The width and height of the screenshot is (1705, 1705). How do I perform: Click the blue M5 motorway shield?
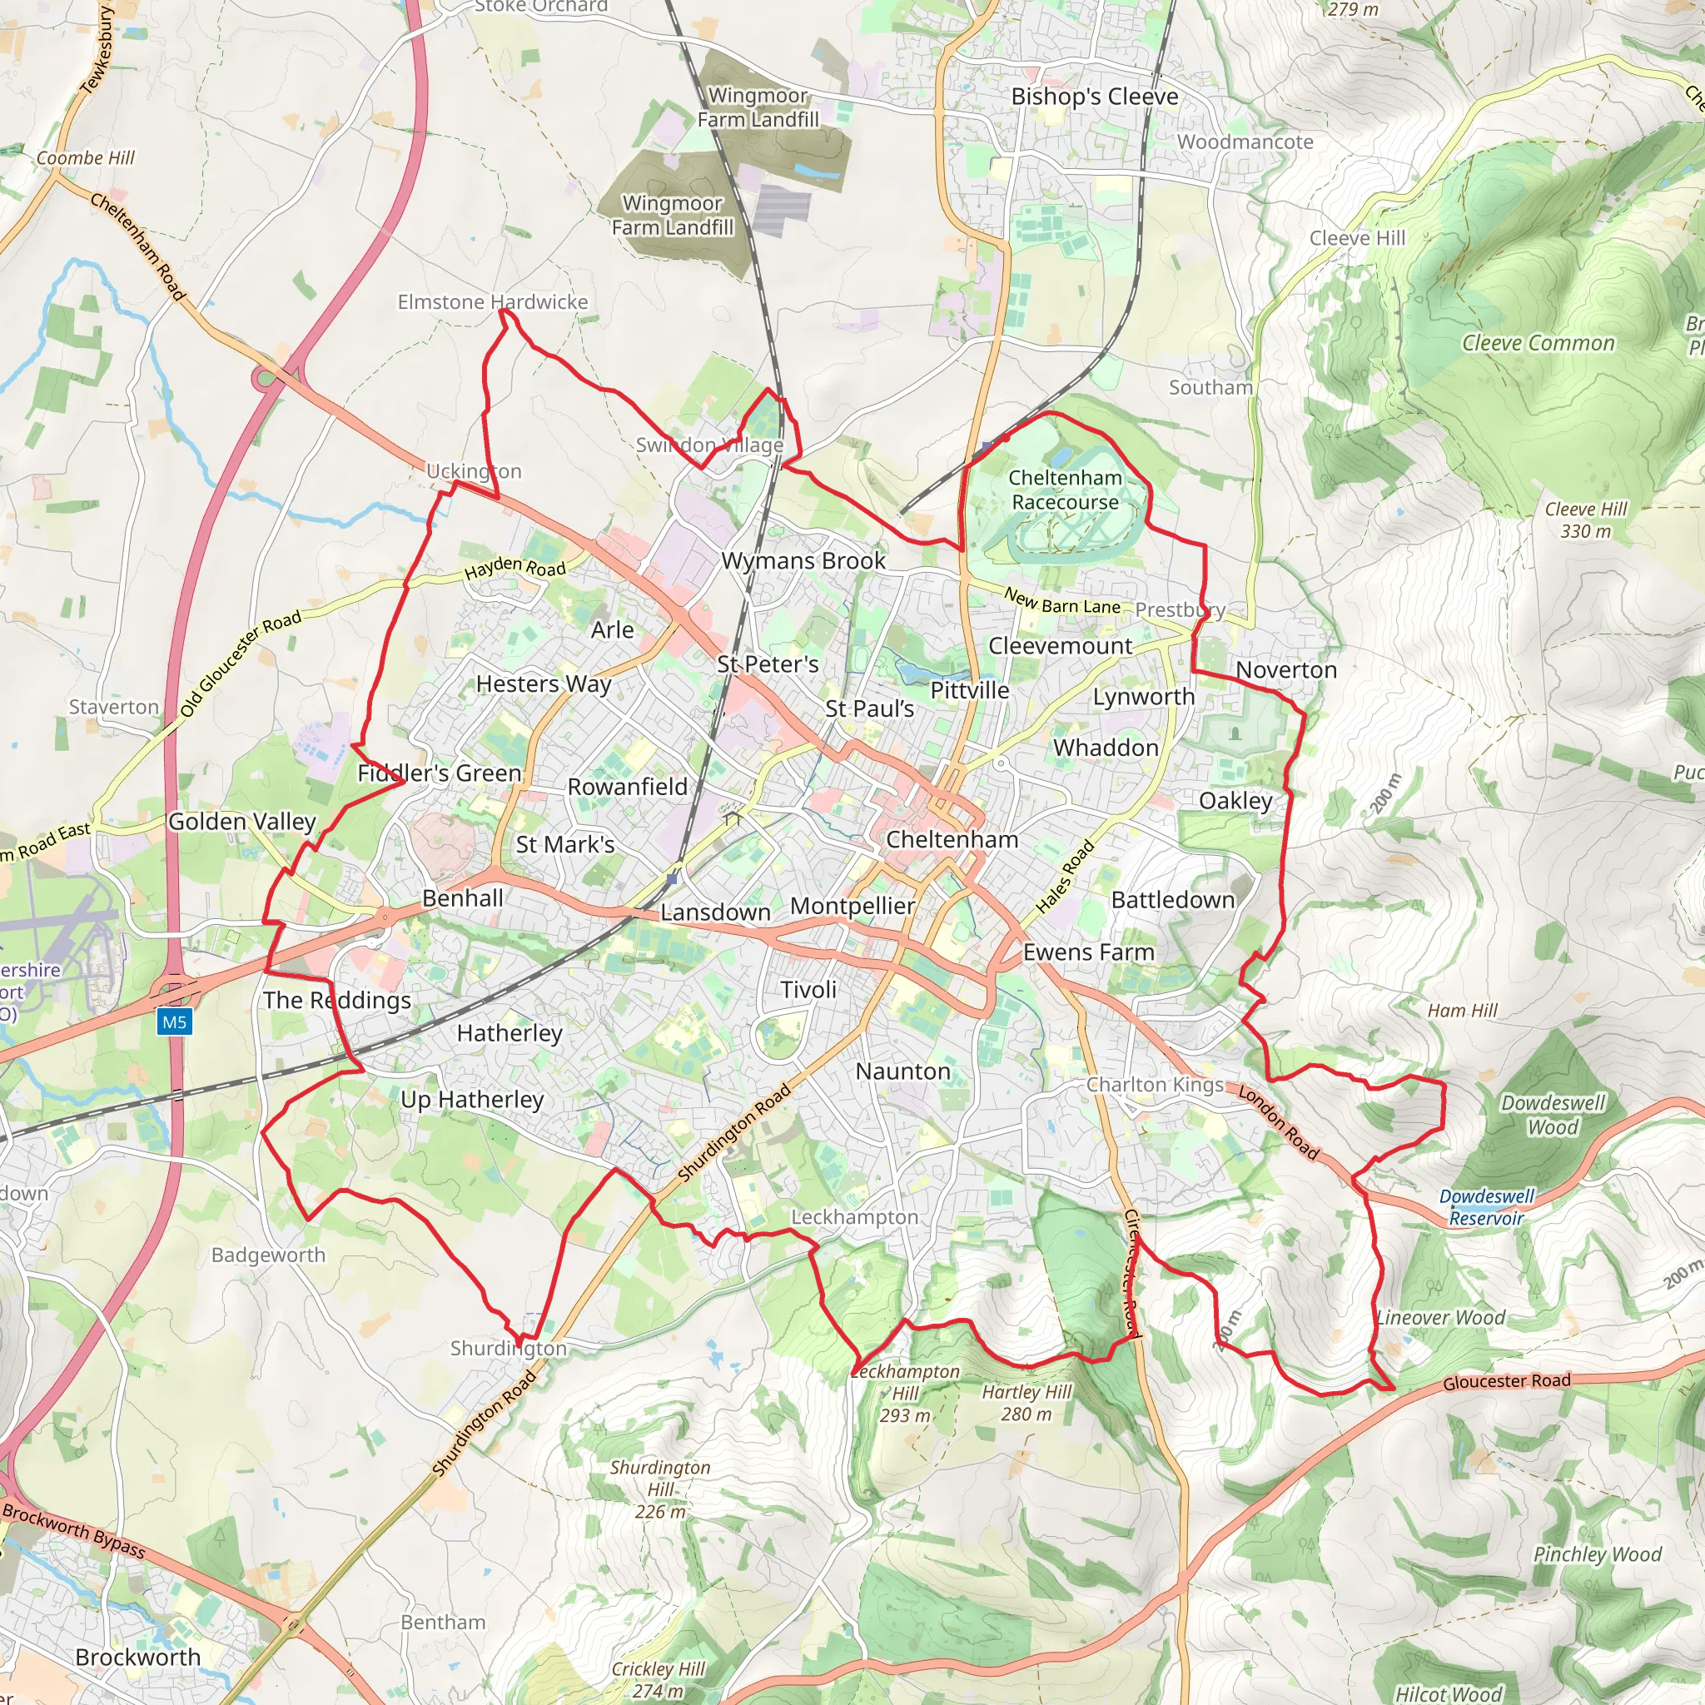click(174, 1022)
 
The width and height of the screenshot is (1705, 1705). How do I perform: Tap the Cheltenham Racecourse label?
click(1065, 490)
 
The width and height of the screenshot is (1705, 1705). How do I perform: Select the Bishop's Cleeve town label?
click(1094, 97)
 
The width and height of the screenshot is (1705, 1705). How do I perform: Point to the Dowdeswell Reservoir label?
click(1486, 1207)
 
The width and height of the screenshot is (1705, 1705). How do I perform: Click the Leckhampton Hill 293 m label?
click(906, 1393)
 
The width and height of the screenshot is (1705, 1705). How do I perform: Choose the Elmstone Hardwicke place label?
click(493, 302)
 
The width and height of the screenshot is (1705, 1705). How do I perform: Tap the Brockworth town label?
click(137, 1657)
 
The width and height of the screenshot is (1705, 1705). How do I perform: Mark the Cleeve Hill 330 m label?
click(1586, 519)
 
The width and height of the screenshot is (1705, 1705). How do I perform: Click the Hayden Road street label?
click(515, 567)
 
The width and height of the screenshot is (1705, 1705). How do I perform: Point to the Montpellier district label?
click(852, 906)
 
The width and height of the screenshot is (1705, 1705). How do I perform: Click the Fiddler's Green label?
click(440, 773)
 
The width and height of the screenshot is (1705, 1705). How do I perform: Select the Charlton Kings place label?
click(1155, 1085)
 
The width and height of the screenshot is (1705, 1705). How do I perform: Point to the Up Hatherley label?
click(472, 1100)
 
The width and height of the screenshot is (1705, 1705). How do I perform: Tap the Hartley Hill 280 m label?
click(1026, 1402)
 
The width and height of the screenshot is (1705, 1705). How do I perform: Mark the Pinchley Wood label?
click(1598, 1554)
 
